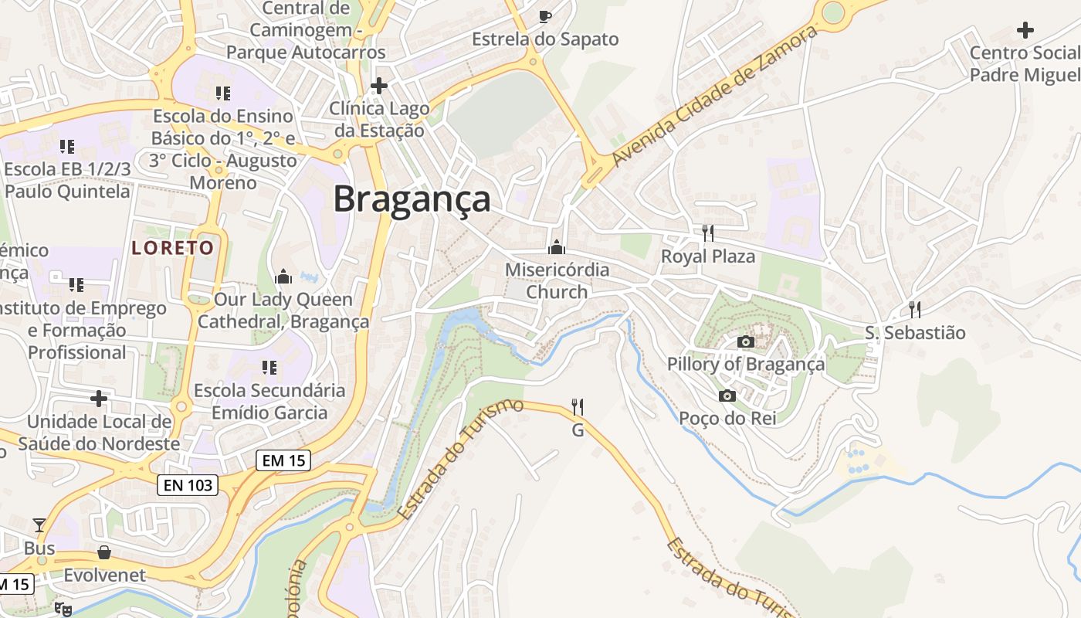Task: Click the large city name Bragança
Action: tap(412, 199)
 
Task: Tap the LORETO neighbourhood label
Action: tap(172, 248)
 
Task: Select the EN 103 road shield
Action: tap(188, 485)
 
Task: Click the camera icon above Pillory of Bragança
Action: tap(745, 341)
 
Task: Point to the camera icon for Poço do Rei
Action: tap(727, 396)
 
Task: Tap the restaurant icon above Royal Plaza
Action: tap(707, 233)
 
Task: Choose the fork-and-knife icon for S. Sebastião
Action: tap(915, 310)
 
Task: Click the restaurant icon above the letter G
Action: tap(577, 406)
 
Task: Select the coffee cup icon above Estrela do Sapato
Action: tap(545, 16)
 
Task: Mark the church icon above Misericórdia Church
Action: tap(556, 247)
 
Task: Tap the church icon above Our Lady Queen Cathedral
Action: tap(283, 277)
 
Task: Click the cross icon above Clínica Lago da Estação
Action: tap(378, 85)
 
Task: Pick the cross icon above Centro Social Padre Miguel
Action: tap(1025, 30)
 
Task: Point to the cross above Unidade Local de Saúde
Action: tap(99, 399)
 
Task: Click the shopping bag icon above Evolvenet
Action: tap(104, 552)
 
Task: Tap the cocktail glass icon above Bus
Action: tap(39, 525)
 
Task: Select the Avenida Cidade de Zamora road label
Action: tap(713, 96)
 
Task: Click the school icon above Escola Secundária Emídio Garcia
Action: tap(269, 368)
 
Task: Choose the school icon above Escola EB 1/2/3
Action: tap(67, 146)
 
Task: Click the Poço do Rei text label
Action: tap(727, 419)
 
